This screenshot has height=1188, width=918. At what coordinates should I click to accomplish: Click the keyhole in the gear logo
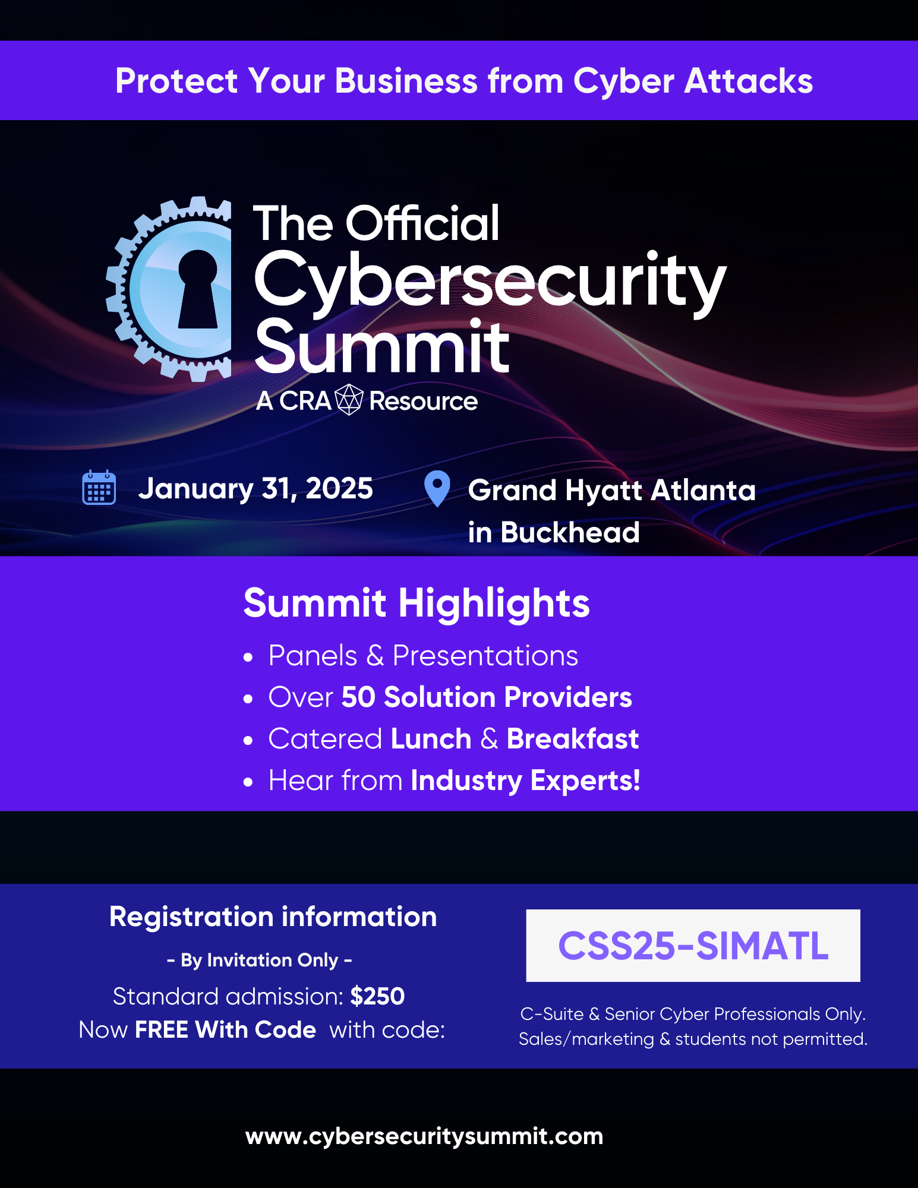[x=198, y=289]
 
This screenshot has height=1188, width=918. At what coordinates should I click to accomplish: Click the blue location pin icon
[x=437, y=489]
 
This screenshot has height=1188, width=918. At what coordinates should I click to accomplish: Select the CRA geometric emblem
[x=349, y=400]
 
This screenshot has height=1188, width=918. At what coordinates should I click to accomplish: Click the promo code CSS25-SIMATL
[x=693, y=946]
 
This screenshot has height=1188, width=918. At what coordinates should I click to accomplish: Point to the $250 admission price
[x=377, y=996]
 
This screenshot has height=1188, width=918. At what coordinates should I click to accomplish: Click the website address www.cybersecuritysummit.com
[x=424, y=1136]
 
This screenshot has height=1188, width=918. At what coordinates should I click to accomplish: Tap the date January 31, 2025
[x=255, y=488]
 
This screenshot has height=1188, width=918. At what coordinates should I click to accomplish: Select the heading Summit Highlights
[x=417, y=604]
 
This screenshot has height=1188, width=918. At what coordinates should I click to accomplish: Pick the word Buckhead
[x=570, y=532]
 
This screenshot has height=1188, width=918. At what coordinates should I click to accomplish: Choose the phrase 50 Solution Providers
[x=487, y=697]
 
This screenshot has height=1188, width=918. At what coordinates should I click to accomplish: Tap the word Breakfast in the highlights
[x=573, y=738]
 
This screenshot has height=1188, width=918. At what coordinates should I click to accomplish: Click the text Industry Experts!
[x=526, y=781]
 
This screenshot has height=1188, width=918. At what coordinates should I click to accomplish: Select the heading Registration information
[x=273, y=917]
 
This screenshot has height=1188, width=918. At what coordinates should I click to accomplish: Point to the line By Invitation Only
[x=260, y=960]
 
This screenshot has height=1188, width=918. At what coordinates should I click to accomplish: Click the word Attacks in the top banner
[x=749, y=81]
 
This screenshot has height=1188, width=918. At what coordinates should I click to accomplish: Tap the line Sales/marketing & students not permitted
[x=693, y=1039]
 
